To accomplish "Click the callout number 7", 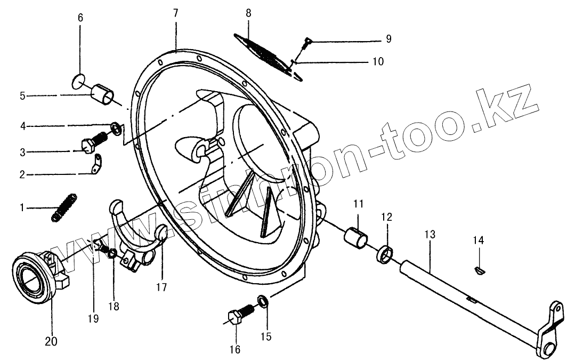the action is point(176,13).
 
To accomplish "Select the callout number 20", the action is point(51,341).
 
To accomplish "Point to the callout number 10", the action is point(378,61).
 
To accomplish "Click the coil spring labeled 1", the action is point(64,207).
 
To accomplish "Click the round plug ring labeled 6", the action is point(78,81).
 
